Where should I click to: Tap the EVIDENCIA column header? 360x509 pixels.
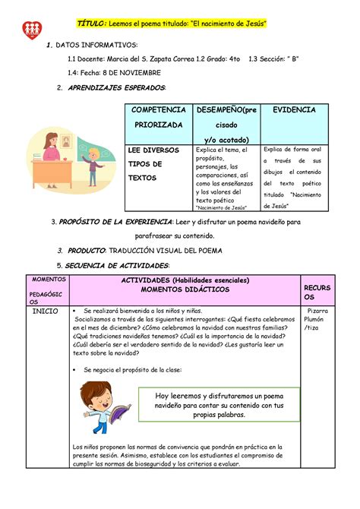294,110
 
